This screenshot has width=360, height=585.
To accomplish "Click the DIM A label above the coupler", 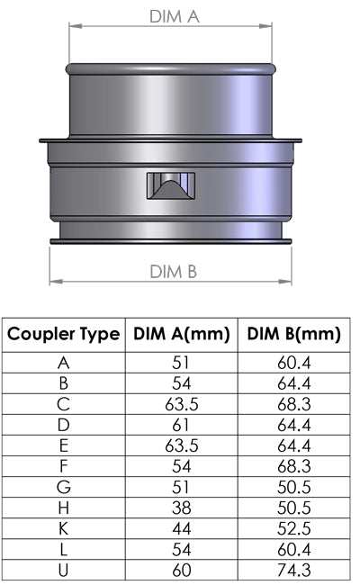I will click(x=174, y=15).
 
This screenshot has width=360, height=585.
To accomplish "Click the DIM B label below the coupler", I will click(x=173, y=272).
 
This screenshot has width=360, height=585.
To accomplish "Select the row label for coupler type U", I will click(x=63, y=570).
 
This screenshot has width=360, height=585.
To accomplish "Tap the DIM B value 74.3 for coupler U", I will click(x=292, y=570).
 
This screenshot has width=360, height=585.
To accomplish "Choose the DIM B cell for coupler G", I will click(x=292, y=487).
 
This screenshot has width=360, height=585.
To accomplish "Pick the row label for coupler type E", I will click(x=63, y=445).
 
